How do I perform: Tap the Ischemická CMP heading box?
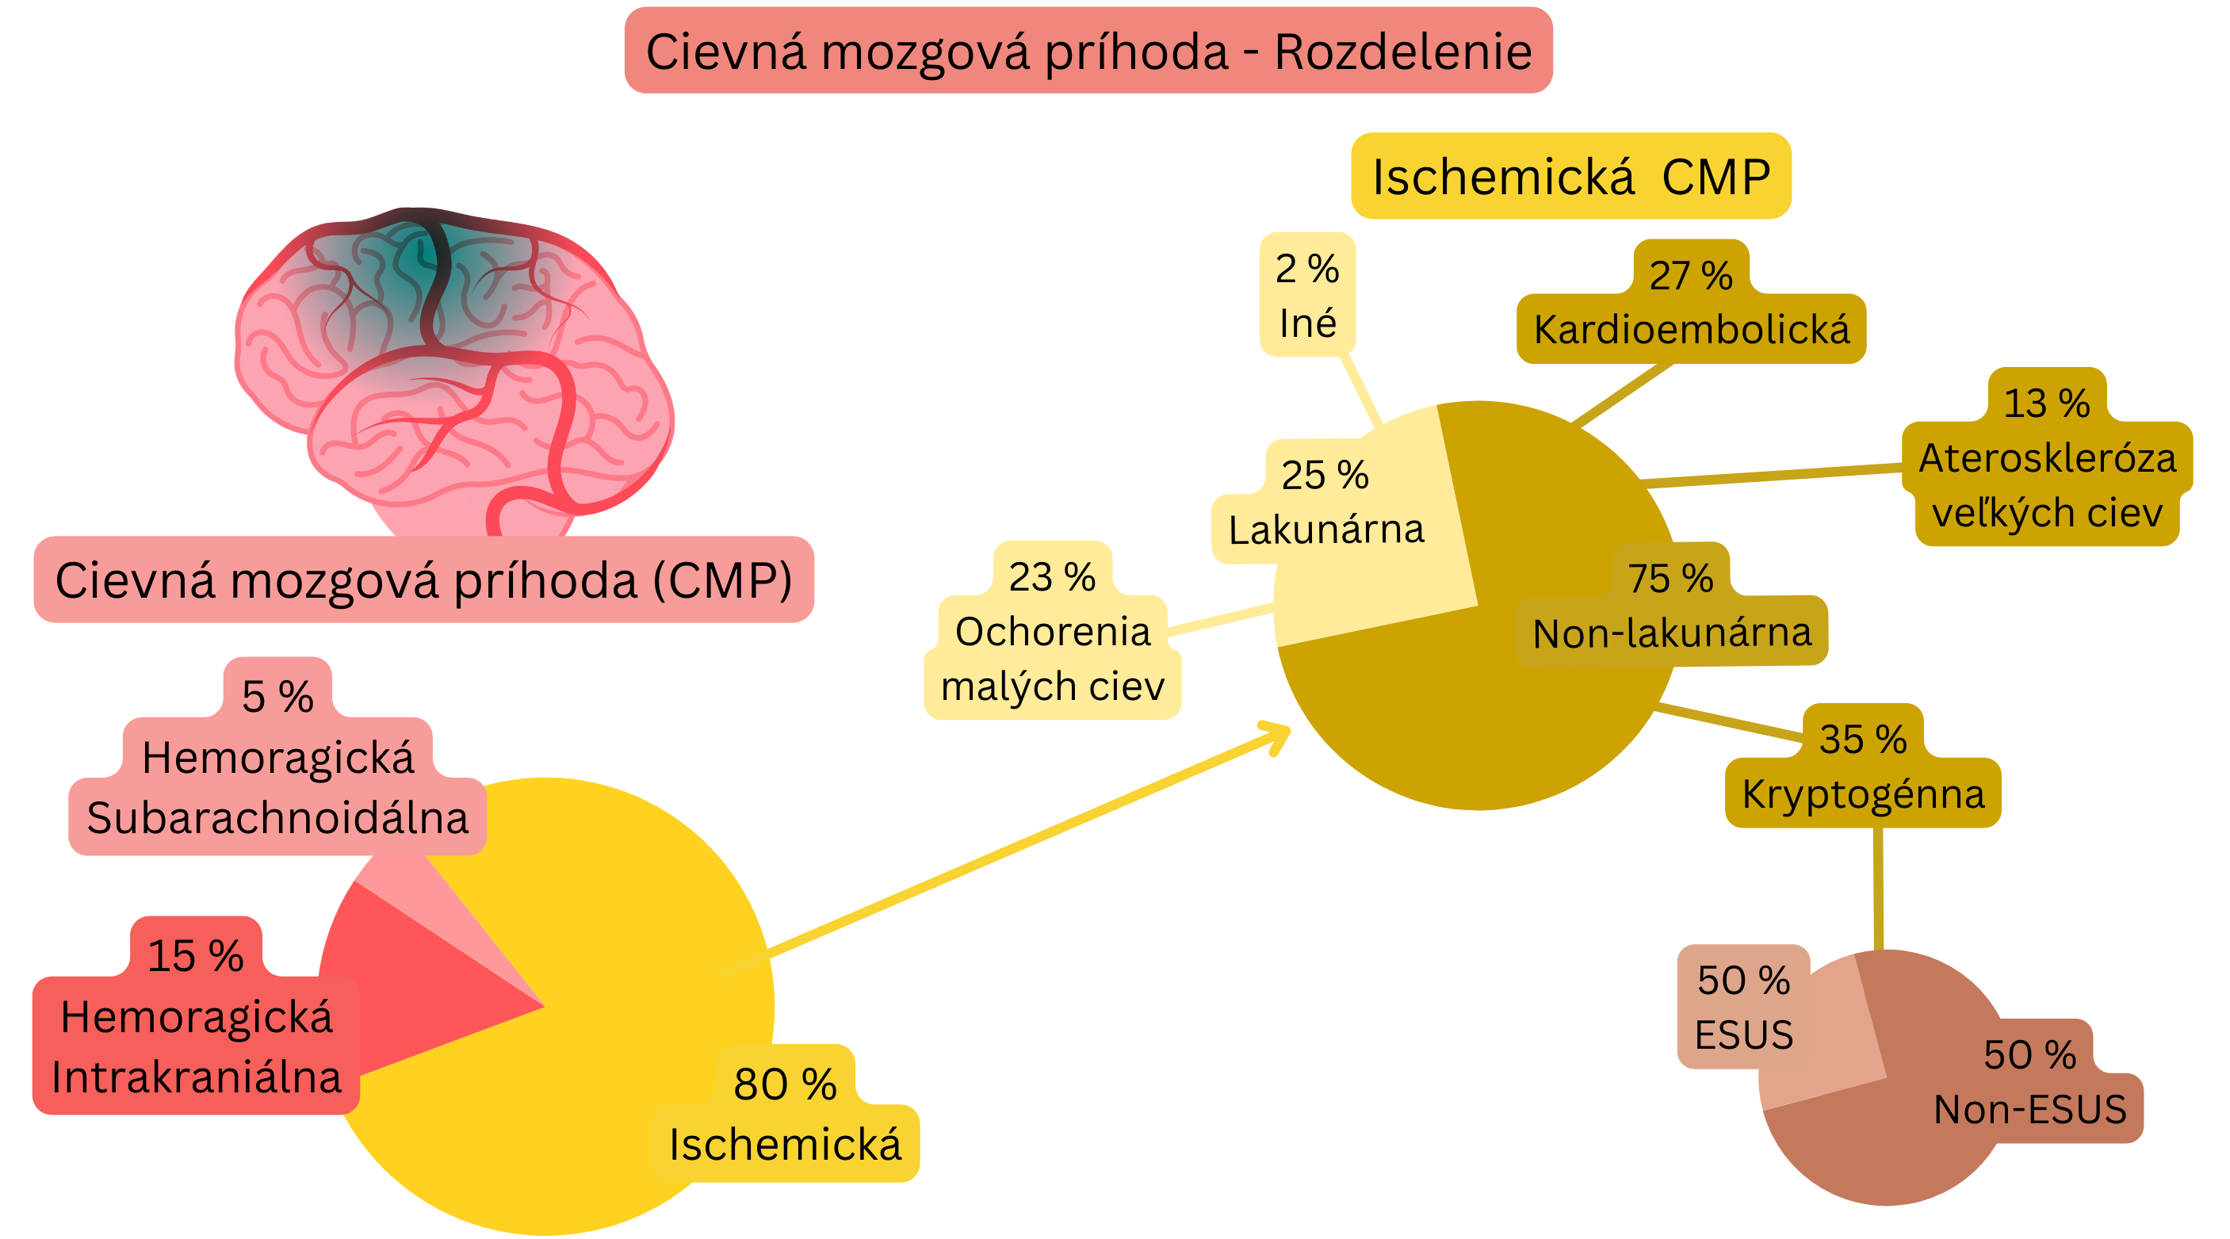(x=1570, y=177)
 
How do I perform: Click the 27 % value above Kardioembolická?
(x=1691, y=275)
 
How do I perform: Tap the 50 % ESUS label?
(x=1743, y=1008)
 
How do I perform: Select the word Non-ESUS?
(x=2030, y=1110)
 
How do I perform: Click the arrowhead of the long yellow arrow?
(x=1280, y=736)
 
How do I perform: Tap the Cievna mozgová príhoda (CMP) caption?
(x=423, y=580)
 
